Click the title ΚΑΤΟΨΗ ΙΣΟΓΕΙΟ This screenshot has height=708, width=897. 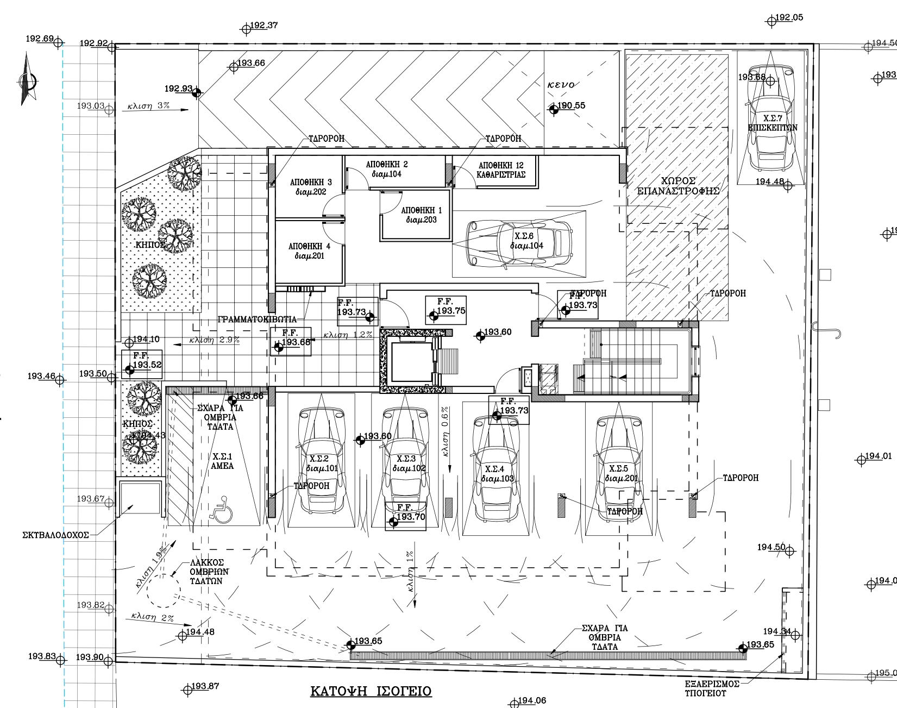click(371, 691)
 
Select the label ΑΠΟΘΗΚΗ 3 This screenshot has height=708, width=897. click(311, 182)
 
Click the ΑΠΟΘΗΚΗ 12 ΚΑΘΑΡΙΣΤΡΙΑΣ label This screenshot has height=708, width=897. click(501, 170)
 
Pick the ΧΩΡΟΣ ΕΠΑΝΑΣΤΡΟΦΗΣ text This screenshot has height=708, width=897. click(679, 186)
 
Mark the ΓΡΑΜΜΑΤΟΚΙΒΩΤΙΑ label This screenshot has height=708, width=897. click(257, 319)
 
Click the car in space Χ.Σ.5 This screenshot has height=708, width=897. click(619, 468)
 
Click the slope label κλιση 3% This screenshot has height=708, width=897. click(148, 106)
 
